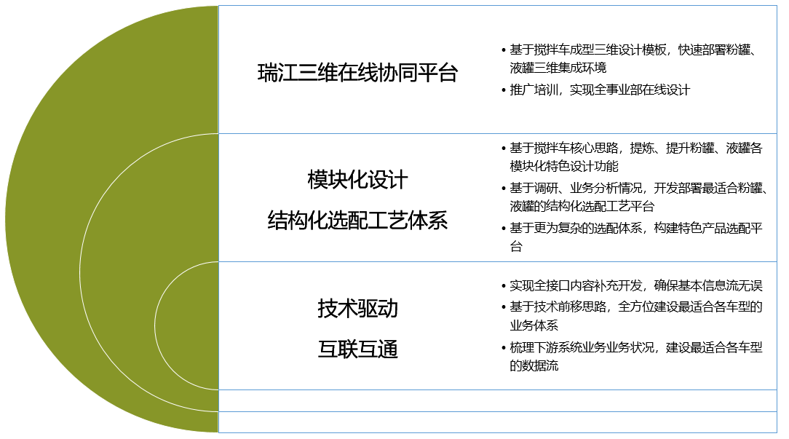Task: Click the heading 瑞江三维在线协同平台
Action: click(x=358, y=73)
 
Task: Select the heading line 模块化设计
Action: click(x=358, y=180)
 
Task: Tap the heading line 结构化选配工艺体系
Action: click(x=358, y=221)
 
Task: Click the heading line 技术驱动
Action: click(x=358, y=308)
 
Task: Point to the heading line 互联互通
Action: click(x=358, y=349)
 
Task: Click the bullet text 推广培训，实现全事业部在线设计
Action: click(x=600, y=90)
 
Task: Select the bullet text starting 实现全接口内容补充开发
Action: click(x=636, y=286)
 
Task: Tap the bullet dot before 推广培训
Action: click(x=504, y=90)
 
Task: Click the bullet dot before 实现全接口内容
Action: click(x=504, y=286)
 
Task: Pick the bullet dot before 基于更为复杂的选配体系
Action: click(x=504, y=229)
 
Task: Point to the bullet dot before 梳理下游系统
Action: click(x=504, y=348)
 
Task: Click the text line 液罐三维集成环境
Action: click(x=558, y=68)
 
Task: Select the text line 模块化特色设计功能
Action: click(x=564, y=166)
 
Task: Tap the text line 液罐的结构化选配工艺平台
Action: click(x=582, y=206)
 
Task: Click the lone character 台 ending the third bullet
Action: click(x=516, y=246)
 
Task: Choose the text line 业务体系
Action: click(x=534, y=325)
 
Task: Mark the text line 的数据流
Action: click(x=534, y=365)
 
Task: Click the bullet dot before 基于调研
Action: click(x=504, y=189)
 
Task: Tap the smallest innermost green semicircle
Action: click(x=187, y=325)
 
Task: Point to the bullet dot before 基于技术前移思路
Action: click(x=504, y=307)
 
